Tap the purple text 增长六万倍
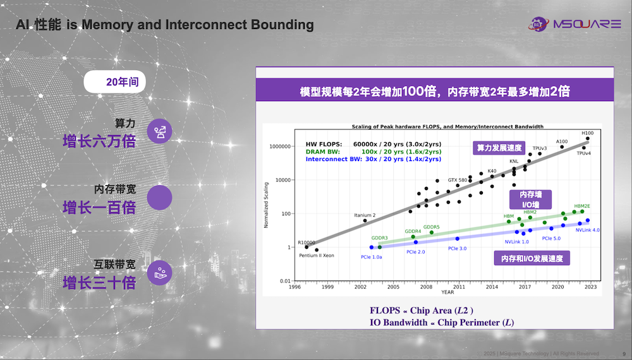coord(99,141)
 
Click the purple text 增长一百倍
coord(99,207)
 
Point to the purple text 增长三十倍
coord(99,282)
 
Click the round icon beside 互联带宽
coord(160,273)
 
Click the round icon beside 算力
coord(160,131)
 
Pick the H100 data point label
coord(587,133)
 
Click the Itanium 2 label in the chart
coord(365,215)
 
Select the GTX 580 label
coord(457,180)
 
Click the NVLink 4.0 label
coord(587,230)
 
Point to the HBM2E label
coord(582,206)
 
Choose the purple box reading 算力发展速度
coord(499,148)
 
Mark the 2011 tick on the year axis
coord(459,287)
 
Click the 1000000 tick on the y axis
coord(279,147)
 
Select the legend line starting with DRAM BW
coord(373,152)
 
